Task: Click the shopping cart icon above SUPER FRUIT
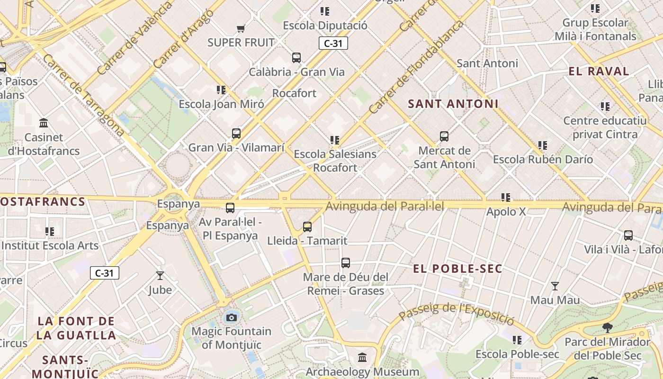[x=241, y=28]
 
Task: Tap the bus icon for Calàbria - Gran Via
[x=296, y=58]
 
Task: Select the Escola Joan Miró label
[x=221, y=104]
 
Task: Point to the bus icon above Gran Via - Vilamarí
[x=236, y=134]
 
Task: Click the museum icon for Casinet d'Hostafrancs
[x=44, y=123]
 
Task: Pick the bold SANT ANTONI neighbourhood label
[x=453, y=104]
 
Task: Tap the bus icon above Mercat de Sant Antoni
[x=444, y=136]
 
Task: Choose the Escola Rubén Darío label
[x=543, y=159]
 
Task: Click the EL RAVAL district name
[x=599, y=72]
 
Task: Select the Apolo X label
[x=506, y=211]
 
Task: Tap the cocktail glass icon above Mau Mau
[x=555, y=286]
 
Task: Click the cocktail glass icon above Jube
[x=160, y=275]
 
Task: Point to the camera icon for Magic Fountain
[x=232, y=317]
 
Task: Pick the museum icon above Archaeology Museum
[x=362, y=357]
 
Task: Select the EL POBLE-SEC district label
[x=457, y=269]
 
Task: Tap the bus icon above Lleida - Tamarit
[x=307, y=227]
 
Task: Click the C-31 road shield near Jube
[x=105, y=273]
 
